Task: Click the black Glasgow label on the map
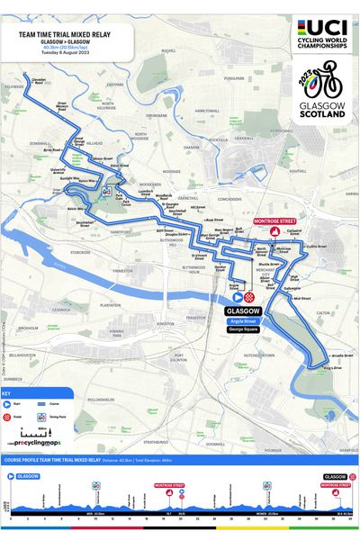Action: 244,309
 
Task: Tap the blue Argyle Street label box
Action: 245,320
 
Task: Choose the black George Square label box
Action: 245,330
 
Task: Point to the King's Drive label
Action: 332,368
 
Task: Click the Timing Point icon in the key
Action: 40,418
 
